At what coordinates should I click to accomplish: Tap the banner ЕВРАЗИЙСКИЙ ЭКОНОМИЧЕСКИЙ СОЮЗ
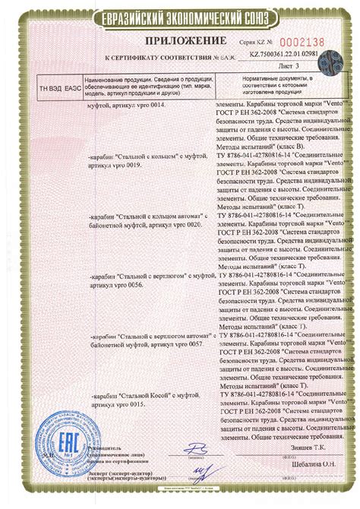coord(180,15)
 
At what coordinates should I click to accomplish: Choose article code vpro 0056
coord(131,281)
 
